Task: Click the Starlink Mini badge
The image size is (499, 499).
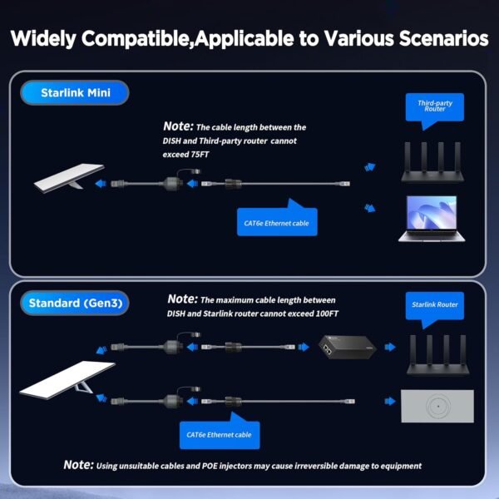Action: click(x=76, y=92)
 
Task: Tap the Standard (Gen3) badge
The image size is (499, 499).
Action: click(x=76, y=303)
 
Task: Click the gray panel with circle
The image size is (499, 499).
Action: click(x=437, y=407)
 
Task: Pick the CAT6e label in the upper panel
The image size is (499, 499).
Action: click(x=276, y=222)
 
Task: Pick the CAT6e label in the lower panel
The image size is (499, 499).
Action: click(x=220, y=433)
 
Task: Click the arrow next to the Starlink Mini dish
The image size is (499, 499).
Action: click(x=100, y=180)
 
